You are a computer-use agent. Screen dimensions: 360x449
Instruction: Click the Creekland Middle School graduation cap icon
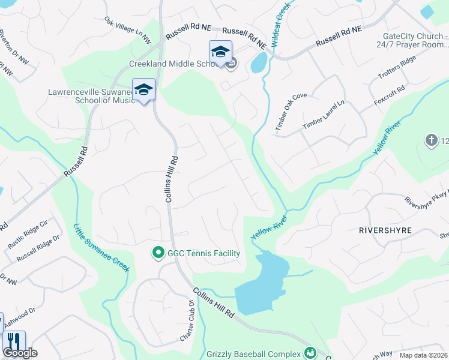tap(220, 52)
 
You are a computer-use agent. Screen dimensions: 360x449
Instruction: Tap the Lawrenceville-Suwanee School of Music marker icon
tap(143, 90)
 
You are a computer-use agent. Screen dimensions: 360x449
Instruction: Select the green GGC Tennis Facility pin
tap(158, 253)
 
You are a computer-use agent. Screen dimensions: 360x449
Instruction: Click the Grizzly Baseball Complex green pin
tap(310, 352)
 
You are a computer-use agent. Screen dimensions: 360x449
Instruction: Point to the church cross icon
tap(430, 141)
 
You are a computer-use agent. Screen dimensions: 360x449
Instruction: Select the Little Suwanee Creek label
tap(101, 247)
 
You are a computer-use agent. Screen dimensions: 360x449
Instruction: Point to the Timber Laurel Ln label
tap(324, 113)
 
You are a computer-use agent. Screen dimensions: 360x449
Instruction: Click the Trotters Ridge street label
tap(396, 68)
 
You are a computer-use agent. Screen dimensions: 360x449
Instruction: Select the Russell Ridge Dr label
tap(38, 248)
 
